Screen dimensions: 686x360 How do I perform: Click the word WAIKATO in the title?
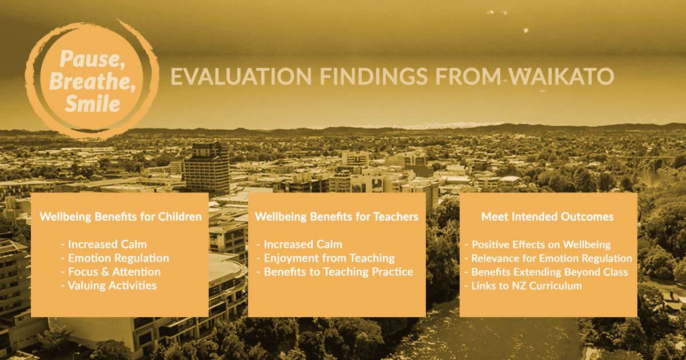tap(561, 76)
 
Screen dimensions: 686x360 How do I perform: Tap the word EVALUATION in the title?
tap(241, 76)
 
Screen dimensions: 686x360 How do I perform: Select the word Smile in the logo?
tap(93, 103)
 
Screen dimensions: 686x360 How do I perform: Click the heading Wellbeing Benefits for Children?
tap(121, 217)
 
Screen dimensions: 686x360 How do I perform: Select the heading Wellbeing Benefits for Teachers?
tap(337, 217)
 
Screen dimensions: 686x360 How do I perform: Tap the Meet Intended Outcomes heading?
tap(548, 217)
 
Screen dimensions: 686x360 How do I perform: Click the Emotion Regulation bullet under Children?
tap(115, 258)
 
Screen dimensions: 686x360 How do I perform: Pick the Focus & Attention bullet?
tap(111, 272)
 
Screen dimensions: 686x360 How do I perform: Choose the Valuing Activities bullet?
tap(109, 286)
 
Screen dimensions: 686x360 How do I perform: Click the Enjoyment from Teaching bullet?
tap(326, 258)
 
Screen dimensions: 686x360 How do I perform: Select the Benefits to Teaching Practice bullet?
tap(335, 272)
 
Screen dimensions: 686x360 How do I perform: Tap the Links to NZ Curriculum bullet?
tap(524, 286)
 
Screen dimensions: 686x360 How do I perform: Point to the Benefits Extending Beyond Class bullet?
tap(547, 272)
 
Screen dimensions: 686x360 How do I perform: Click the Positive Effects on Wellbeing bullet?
tap(538, 245)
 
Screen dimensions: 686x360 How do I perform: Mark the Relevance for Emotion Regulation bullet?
tap(548, 258)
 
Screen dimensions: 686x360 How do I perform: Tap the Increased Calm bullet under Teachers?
tap(300, 245)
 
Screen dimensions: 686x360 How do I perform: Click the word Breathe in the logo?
tap(92, 81)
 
